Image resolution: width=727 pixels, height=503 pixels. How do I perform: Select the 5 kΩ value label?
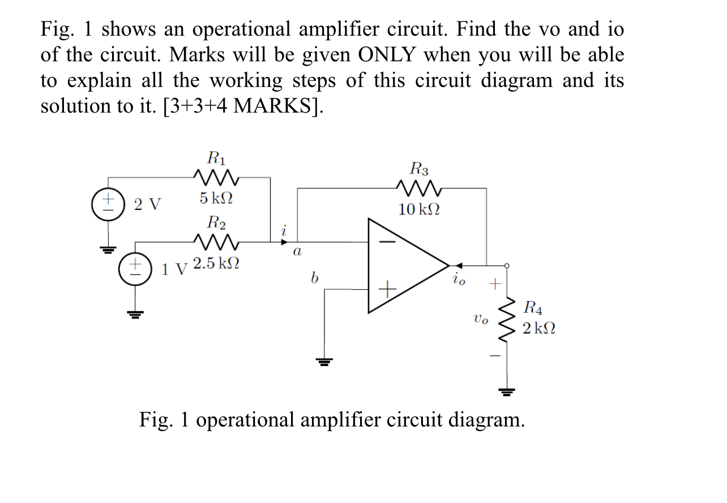pos(216,199)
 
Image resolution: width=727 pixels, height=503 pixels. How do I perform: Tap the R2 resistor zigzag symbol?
pos(216,242)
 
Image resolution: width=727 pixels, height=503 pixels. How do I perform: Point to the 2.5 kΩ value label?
pos(216,264)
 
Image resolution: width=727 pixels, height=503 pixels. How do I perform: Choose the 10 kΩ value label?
pos(419,210)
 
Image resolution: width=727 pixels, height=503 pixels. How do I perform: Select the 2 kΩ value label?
pos(538,328)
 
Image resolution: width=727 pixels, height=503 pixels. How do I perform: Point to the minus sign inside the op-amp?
pos(388,241)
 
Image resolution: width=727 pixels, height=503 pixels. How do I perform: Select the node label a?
pos(296,251)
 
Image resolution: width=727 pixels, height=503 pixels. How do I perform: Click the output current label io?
pos(459,279)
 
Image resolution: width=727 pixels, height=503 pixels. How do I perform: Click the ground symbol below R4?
pos(506,391)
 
